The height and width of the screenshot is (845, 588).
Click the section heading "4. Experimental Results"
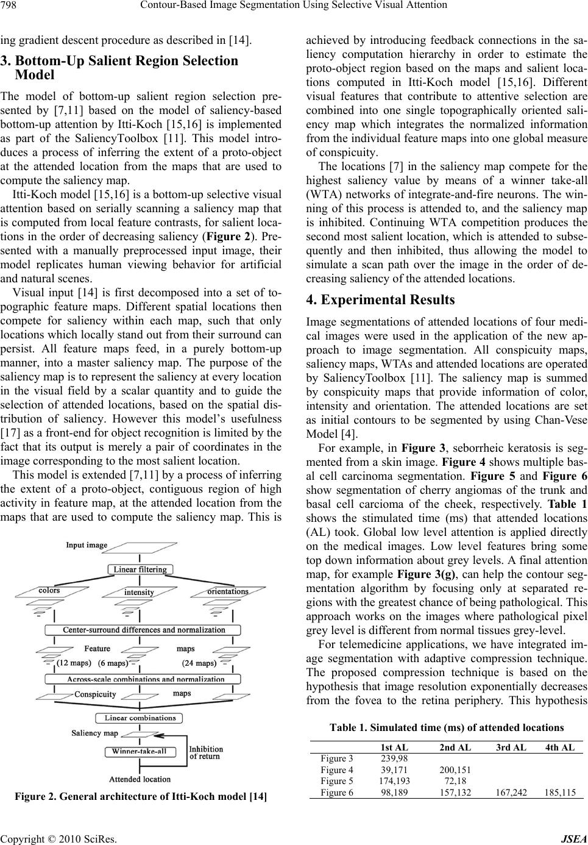(x=380, y=300)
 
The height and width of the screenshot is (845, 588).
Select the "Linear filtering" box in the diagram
(x=140, y=569)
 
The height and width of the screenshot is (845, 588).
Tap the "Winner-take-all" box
(x=139, y=751)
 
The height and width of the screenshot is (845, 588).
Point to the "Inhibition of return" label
(x=206, y=752)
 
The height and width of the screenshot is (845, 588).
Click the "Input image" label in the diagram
(x=87, y=545)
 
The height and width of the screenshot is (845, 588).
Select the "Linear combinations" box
(x=140, y=718)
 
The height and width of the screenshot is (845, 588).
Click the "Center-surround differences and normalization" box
(x=144, y=630)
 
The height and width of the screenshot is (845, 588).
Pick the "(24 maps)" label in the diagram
(x=199, y=663)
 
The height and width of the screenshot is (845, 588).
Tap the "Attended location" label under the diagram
(x=140, y=779)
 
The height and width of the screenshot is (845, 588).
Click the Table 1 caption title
(x=446, y=744)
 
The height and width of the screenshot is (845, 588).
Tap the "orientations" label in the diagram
(x=227, y=591)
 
